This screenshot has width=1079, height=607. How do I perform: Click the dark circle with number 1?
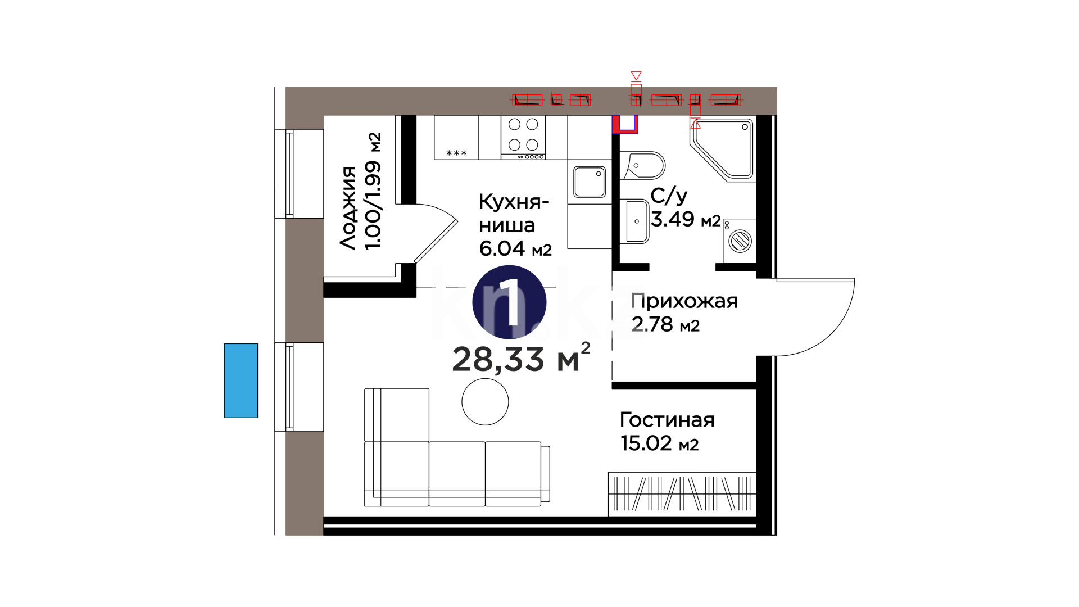[509, 302]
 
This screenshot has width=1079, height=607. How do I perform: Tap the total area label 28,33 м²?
[521, 358]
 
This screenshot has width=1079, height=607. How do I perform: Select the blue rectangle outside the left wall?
[241, 380]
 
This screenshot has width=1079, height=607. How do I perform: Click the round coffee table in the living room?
[485, 402]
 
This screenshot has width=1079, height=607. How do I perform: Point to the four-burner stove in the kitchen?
[523, 137]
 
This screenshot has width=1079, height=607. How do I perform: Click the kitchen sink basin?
[590, 182]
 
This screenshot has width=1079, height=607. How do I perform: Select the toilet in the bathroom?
[643, 166]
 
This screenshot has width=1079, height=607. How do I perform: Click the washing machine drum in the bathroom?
[740, 242]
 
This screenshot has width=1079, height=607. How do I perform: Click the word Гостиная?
[667, 420]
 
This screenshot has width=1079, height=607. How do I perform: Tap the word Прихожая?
[684, 301]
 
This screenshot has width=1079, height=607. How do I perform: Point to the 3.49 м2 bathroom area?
[686, 219]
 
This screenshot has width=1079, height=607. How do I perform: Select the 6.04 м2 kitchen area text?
[515, 248]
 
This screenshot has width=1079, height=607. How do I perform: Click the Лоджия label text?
[348, 208]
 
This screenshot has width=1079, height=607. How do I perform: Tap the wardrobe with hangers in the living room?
[682, 493]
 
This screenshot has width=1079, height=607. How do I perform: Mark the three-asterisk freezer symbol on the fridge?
[456, 153]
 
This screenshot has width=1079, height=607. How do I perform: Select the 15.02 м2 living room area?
[659, 443]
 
